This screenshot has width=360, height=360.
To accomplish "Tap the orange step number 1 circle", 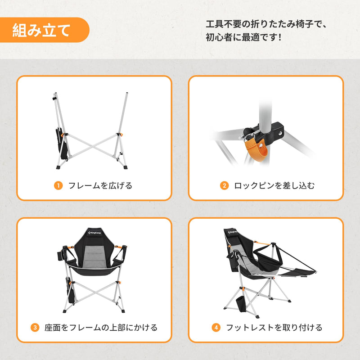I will point(58,185).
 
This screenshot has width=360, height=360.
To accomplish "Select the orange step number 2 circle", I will point(224,185).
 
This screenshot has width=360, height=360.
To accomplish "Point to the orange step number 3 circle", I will point(35,327).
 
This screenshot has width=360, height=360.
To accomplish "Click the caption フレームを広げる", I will point(100,185).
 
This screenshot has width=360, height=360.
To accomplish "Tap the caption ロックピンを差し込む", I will point(274,185).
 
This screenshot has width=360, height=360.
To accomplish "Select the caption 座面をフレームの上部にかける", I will point(101,327).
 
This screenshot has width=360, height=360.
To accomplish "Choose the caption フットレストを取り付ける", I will point(274,327).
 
